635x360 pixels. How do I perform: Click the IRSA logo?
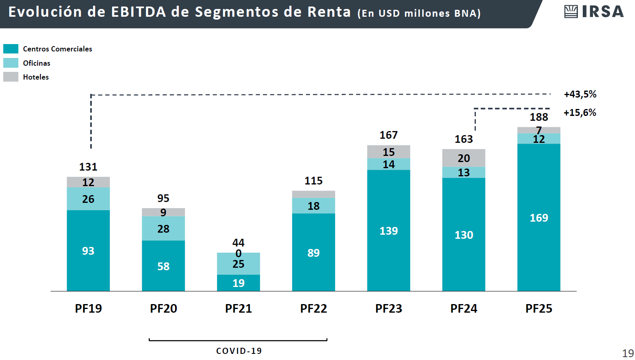tap(594, 11)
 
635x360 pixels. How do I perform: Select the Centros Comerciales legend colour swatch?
tap(11, 49)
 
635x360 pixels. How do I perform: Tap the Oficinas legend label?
tap(37, 63)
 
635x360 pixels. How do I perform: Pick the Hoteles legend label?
tap(36, 77)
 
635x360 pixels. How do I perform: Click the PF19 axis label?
tap(88, 309)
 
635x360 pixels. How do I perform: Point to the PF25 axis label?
tap(539, 309)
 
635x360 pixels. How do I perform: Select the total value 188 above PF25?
tap(539, 117)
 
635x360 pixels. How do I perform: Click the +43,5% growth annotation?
tap(580, 94)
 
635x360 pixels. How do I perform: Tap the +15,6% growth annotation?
tap(580, 113)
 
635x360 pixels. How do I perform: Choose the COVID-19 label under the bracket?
tap(239, 351)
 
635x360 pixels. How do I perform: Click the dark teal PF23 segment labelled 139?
tap(389, 231)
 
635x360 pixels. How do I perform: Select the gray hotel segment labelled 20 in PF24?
tap(464, 158)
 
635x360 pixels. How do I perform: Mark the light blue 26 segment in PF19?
tap(88, 199)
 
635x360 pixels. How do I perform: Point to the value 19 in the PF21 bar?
tap(238, 283)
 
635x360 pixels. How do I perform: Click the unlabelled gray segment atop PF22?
tap(313, 194)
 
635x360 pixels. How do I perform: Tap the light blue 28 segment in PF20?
tap(163, 229)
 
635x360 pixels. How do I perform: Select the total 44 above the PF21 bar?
tap(238, 243)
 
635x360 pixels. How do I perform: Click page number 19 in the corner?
tap(628, 353)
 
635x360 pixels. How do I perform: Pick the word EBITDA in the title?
tap(139, 12)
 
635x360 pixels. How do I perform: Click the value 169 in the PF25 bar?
tap(539, 218)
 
